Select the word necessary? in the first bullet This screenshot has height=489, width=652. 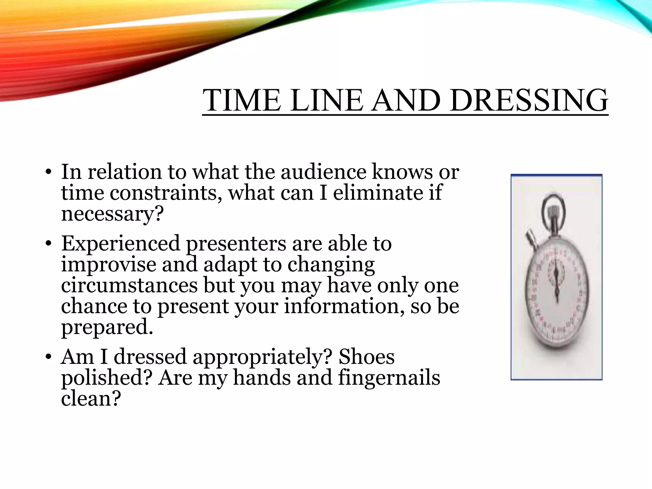point(112,214)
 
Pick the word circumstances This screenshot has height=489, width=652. point(129,285)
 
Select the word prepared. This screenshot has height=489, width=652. point(107,328)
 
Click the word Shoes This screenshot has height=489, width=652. point(366,357)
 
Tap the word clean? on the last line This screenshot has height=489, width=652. point(91,399)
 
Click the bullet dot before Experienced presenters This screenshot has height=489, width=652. point(48,244)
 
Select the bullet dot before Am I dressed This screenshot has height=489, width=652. point(48,357)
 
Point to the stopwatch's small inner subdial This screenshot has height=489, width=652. point(556,271)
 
